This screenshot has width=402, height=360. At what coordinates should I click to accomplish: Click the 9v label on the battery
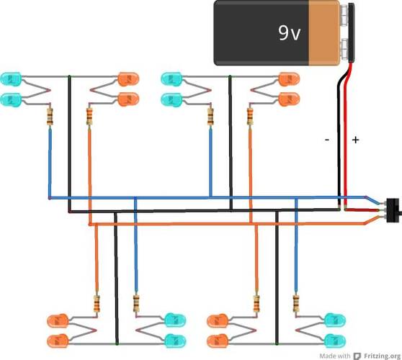coord(289,33)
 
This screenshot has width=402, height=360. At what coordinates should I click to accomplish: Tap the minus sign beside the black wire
coord(327,140)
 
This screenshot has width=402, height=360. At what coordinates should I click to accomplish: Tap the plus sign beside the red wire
coord(355,140)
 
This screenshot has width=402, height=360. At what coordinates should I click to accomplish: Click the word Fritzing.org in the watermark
coord(382,356)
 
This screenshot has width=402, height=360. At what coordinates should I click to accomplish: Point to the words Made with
coord(334,356)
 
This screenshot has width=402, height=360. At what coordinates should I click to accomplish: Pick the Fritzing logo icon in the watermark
coord(357,356)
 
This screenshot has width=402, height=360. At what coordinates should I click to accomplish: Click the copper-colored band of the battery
coord(324,33)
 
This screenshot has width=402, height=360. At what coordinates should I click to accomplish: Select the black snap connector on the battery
coord(352,32)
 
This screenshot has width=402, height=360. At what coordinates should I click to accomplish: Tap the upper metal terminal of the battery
coord(344,14)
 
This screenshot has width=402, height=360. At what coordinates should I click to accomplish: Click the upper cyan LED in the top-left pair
coord(11,79)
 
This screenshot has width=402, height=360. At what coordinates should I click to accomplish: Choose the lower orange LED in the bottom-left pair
coord(58,341)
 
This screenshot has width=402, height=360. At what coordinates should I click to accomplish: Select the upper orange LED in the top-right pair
coord(289,79)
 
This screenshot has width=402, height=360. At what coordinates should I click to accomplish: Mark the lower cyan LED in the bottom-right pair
coord(335,341)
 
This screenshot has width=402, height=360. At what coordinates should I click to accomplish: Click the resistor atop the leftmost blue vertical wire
coord(50,117)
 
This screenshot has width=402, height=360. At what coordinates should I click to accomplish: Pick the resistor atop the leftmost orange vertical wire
coord(89,117)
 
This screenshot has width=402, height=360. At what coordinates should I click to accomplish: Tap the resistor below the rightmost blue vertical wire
coord(296,303)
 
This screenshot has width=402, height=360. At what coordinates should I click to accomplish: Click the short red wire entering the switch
coord(362,210)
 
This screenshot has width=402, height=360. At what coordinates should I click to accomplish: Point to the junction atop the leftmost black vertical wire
coord(69,76)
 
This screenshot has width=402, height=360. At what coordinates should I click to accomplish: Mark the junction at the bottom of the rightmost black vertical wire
coord(277,343)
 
